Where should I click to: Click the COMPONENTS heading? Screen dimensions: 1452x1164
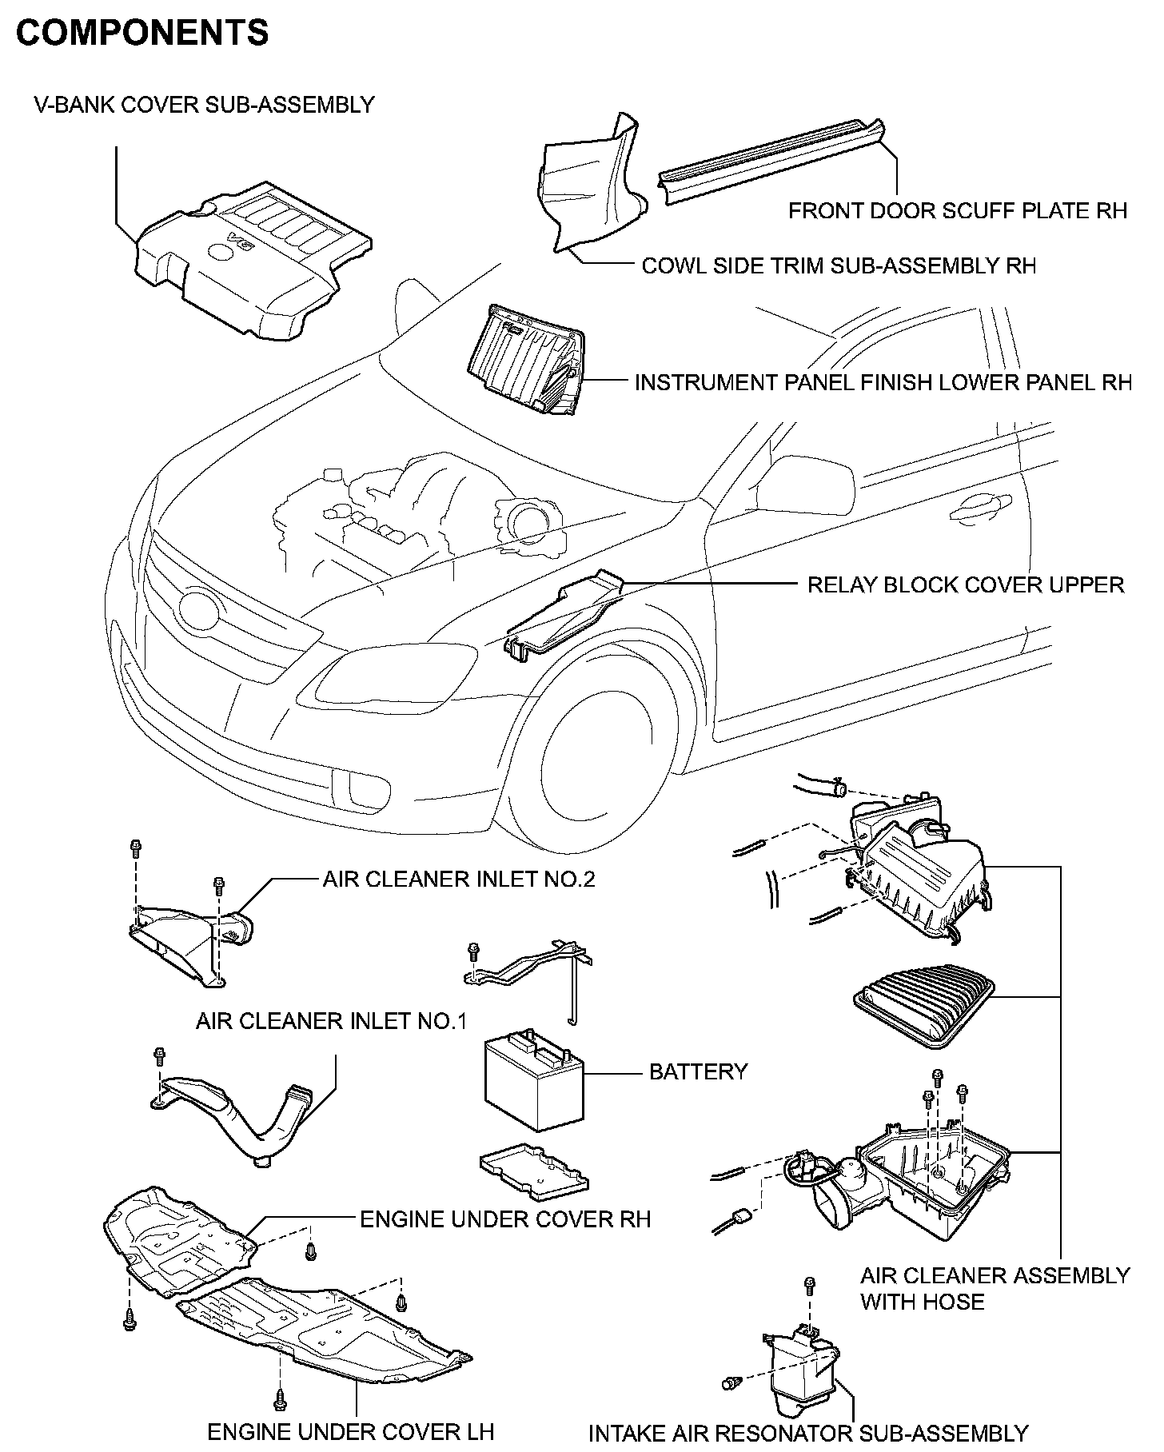click(142, 33)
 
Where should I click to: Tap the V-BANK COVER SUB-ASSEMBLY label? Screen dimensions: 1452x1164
click(204, 105)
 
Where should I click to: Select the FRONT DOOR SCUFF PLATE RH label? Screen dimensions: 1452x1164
click(958, 210)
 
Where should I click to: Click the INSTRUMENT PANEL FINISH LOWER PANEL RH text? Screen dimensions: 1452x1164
click(883, 382)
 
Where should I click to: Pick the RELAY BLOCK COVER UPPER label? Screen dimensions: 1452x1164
click(966, 584)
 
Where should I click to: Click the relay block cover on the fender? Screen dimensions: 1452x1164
click(564, 616)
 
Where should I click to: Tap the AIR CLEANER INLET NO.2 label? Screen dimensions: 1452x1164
click(459, 880)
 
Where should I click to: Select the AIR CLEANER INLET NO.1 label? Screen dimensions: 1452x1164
click(331, 1021)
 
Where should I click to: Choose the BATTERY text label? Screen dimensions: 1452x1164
click(698, 1071)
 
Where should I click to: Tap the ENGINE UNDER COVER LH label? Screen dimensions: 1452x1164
click(351, 1432)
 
